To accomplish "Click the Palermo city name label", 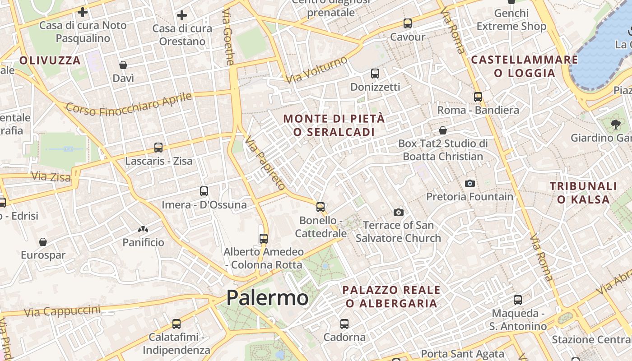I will (x=267, y=298).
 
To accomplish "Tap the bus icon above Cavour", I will (x=408, y=23).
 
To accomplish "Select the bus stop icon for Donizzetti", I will (x=375, y=73).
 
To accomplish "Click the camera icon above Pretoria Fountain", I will (x=470, y=183).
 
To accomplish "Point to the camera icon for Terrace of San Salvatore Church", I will (x=398, y=212).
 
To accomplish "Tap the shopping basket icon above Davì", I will (x=123, y=65).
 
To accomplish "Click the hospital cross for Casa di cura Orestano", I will (x=182, y=16).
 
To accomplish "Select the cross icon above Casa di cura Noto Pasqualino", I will (x=83, y=12).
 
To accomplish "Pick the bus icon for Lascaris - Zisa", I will (x=158, y=148).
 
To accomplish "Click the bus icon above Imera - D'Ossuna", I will (x=204, y=191).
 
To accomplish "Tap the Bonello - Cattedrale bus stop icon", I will (x=321, y=207).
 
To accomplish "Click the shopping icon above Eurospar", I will (x=43, y=242).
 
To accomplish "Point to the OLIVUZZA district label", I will (x=50, y=60).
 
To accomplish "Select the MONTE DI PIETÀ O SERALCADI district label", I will (x=334, y=125).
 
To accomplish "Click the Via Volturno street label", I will (x=316, y=69).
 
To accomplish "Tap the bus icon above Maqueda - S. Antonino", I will (x=518, y=300).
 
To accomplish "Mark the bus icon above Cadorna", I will (x=344, y=324).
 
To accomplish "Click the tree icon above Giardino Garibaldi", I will (x=615, y=125).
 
